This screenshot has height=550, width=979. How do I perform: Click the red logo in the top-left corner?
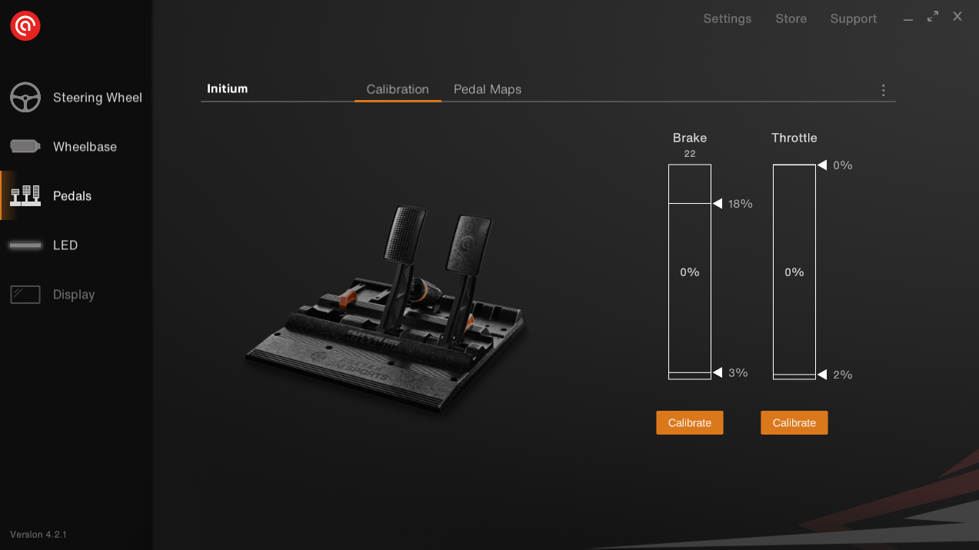point(25,26)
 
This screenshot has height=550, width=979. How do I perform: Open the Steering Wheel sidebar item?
point(76,97)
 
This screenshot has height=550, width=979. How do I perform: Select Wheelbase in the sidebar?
point(63,146)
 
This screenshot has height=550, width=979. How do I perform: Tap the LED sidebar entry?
point(44,245)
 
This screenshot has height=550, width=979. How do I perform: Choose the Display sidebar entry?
point(52,295)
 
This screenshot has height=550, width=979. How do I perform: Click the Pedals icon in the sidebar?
point(25,195)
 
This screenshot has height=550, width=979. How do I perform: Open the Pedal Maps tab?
point(488,89)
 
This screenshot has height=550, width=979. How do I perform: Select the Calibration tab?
point(398,89)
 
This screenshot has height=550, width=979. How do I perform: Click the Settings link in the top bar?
point(728,18)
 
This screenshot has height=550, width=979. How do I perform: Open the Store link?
point(791,18)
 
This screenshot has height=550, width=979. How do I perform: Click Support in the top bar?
point(853,18)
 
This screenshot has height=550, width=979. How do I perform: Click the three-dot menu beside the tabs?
point(884,90)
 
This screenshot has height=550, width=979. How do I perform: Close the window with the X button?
point(957,17)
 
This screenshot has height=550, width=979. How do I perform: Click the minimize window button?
point(908,20)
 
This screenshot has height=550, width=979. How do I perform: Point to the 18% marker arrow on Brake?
point(718,203)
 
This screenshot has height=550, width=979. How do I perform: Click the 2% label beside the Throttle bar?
point(842,375)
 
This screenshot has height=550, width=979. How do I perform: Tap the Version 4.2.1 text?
point(38,535)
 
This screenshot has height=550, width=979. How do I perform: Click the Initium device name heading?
point(228,88)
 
